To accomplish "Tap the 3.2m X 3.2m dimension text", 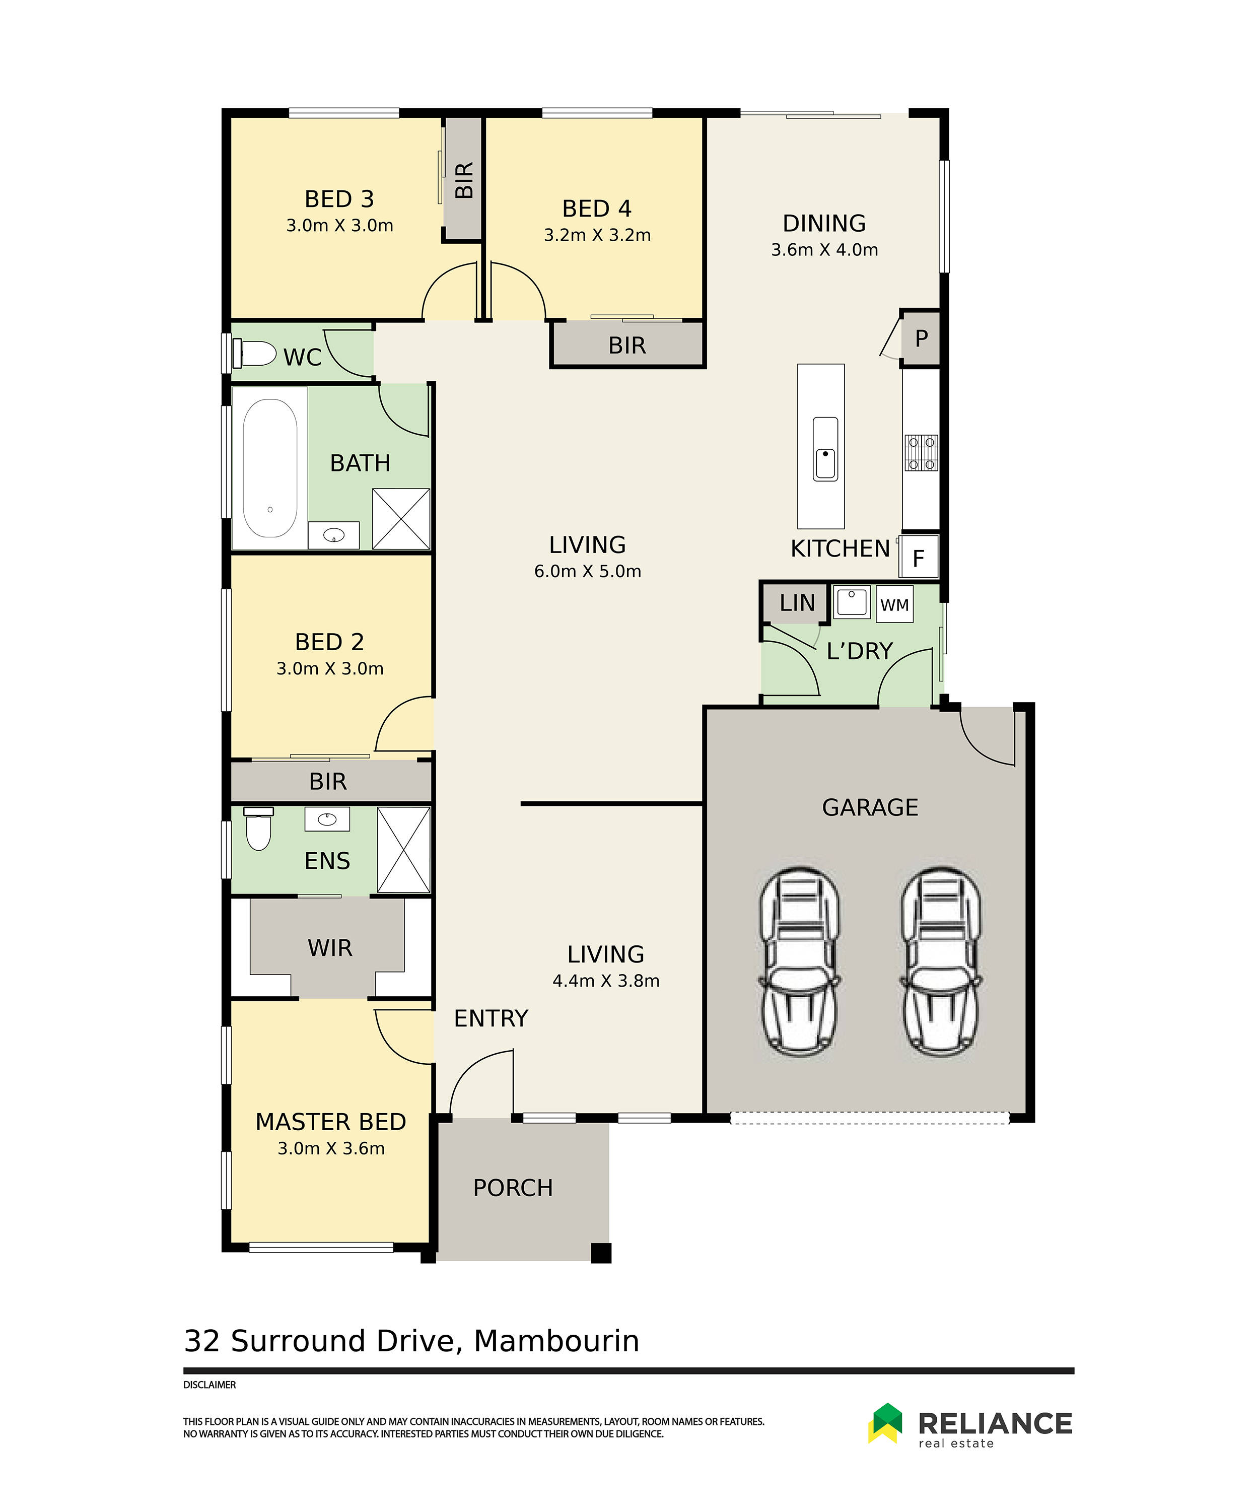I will pyautogui.click(x=597, y=235).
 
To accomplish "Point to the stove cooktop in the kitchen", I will pyautogui.click(x=921, y=453).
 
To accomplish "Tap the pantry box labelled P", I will pyautogui.click(x=921, y=338).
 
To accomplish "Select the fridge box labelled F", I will pyautogui.click(x=919, y=558).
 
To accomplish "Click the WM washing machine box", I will pyautogui.click(x=894, y=604).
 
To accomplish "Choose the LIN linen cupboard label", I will pyautogui.click(x=797, y=603).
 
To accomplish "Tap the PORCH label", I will pyautogui.click(x=513, y=1188).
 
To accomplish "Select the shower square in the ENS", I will pyautogui.click(x=403, y=850).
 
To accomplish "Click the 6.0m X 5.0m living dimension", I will pyautogui.click(x=587, y=571).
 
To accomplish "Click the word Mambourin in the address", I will pyautogui.click(x=556, y=1341).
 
